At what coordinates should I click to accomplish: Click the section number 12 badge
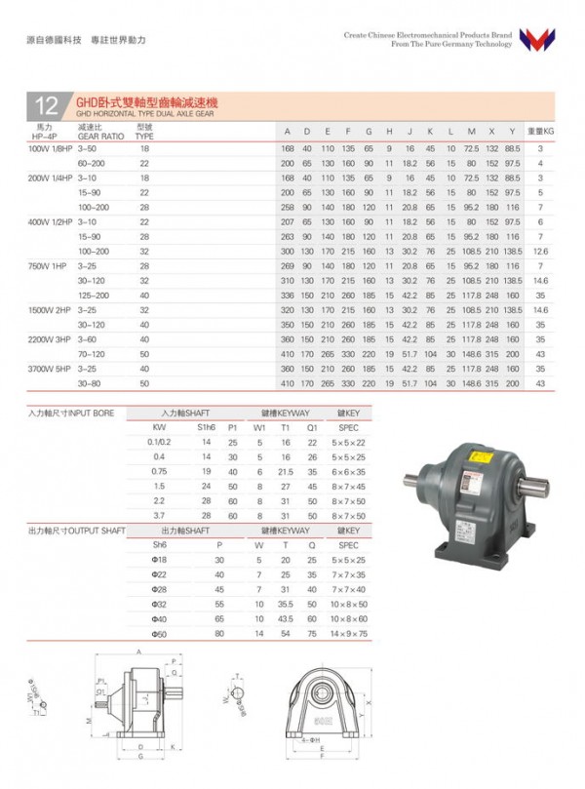click(x=46, y=105)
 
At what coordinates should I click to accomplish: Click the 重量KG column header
click(x=540, y=130)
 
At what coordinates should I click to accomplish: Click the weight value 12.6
click(x=541, y=251)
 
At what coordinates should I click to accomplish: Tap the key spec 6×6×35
click(x=348, y=471)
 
